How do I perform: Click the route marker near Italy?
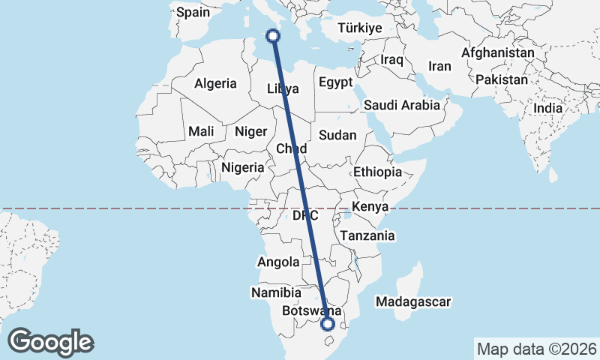[274, 35]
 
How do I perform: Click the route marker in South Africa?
[327, 324]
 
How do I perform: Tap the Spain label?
[193, 11]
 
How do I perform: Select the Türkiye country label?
[360, 28]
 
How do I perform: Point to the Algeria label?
[215, 83]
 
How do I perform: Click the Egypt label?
[334, 82]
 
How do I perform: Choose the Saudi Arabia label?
[402, 105]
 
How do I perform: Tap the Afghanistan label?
[498, 53]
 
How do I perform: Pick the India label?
[547, 108]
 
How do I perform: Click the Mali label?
[201, 131]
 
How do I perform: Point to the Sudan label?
[337, 135]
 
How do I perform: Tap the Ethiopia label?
[378, 172]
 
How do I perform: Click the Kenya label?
[369, 206]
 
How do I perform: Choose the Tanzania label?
[367, 235]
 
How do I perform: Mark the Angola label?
[278, 262]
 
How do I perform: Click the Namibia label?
[276, 292]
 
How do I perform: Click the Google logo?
[50, 341]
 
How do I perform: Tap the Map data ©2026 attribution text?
[536, 349]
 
